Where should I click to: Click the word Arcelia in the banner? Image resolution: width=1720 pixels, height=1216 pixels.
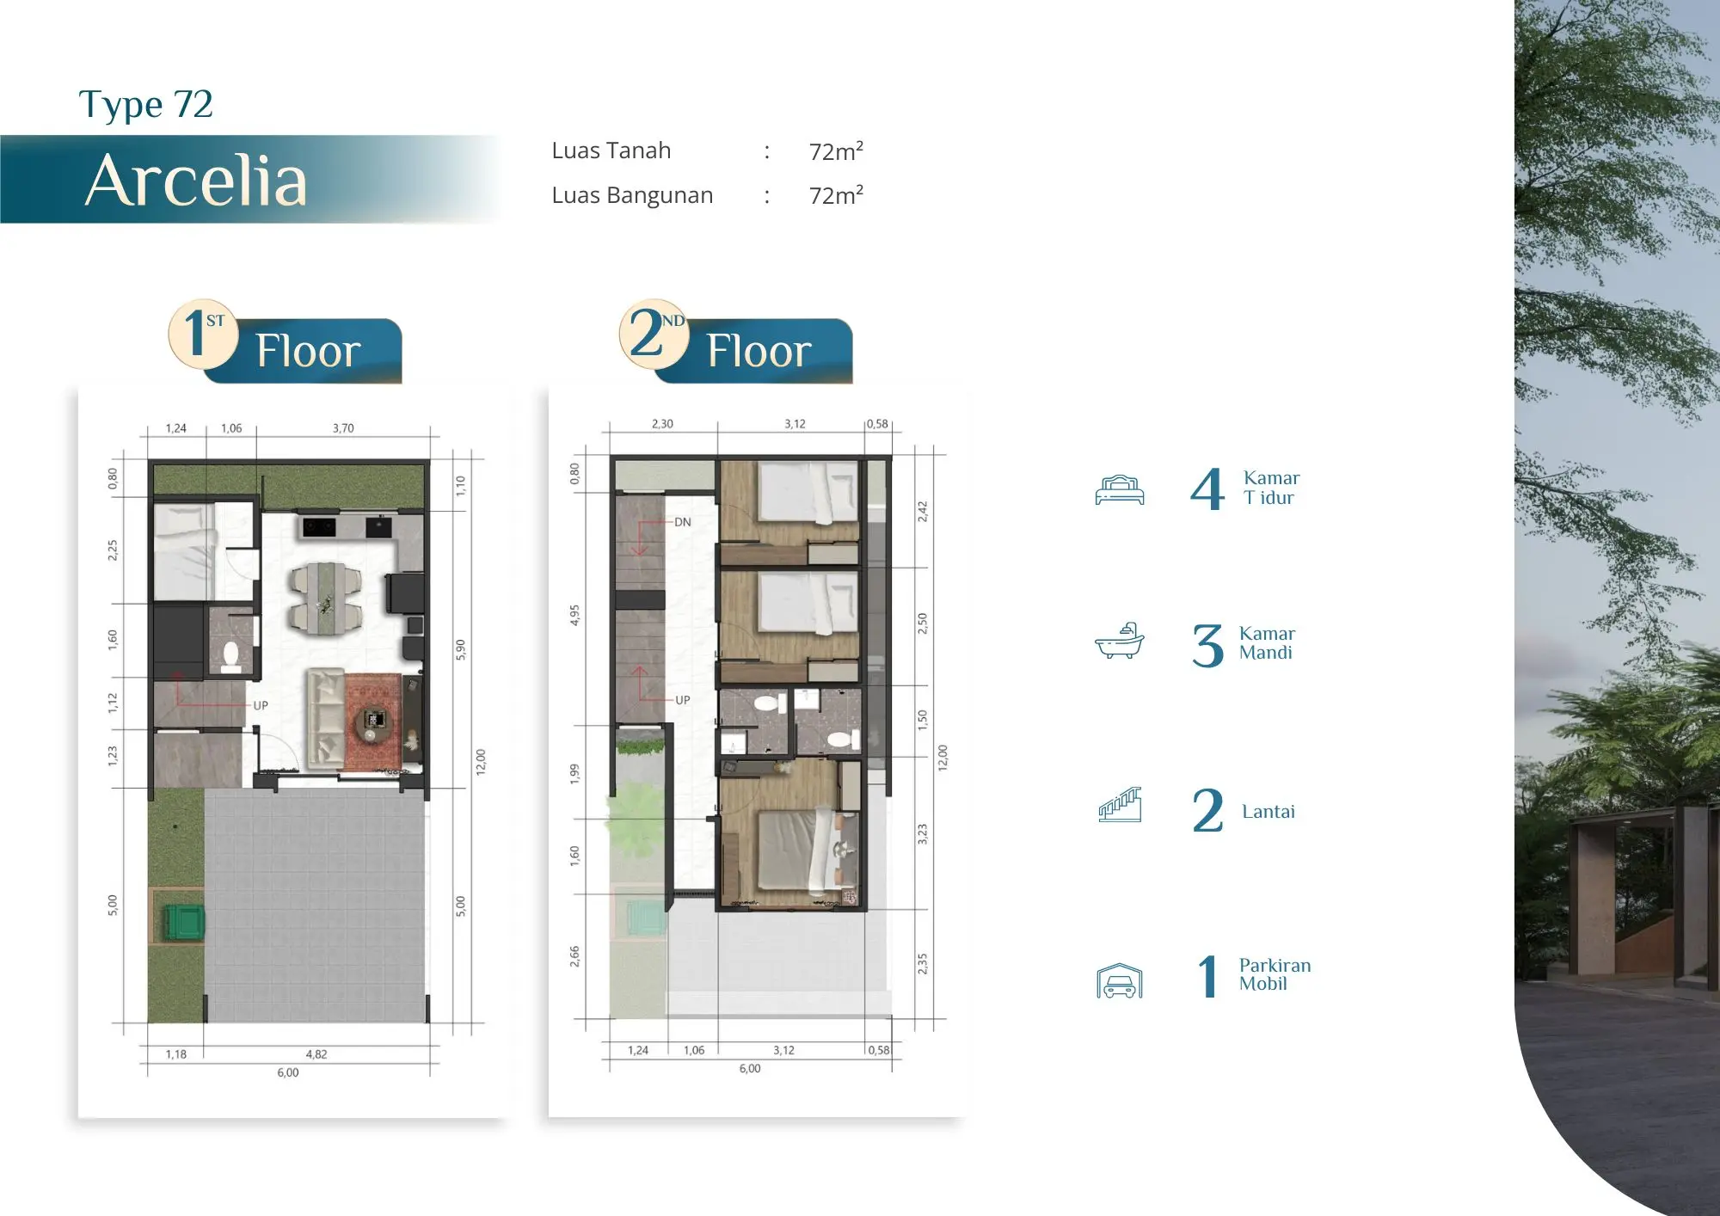[x=196, y=181]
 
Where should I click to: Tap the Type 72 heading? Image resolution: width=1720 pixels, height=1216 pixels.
[x=145, y=105]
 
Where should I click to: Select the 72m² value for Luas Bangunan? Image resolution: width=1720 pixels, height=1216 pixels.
[x=836, y=195]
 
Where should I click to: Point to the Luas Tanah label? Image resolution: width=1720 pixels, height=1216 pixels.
[x=611, y=150]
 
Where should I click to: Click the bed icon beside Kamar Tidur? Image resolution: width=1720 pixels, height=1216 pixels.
[x=1120, y=489]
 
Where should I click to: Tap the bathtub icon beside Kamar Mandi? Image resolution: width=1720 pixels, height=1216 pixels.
[x=1120, y=641]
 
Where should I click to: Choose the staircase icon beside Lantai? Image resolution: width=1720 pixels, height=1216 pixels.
[x=1120, y=805]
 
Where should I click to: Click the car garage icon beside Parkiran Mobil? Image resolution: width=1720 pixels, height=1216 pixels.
[x=1120, y=980]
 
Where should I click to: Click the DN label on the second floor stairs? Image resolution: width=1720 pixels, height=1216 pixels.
[x=682, y=522]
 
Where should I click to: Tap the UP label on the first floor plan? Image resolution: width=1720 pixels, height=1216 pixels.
[x=261, y=705]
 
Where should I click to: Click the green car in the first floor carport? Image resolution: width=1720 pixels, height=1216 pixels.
[x=185, y=922]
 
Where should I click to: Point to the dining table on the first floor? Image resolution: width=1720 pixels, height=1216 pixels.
[x=326, y=599]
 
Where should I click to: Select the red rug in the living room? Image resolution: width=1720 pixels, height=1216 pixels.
[x=372, y=721]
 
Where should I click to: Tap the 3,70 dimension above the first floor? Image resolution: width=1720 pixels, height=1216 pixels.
[x=343, y=428]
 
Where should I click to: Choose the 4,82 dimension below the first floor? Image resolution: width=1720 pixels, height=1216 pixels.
[x=316, y=1054]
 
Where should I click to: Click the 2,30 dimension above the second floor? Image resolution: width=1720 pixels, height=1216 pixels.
[x=662, y=424]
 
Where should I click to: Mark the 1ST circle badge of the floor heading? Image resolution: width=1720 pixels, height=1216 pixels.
[x=203, y=335]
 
